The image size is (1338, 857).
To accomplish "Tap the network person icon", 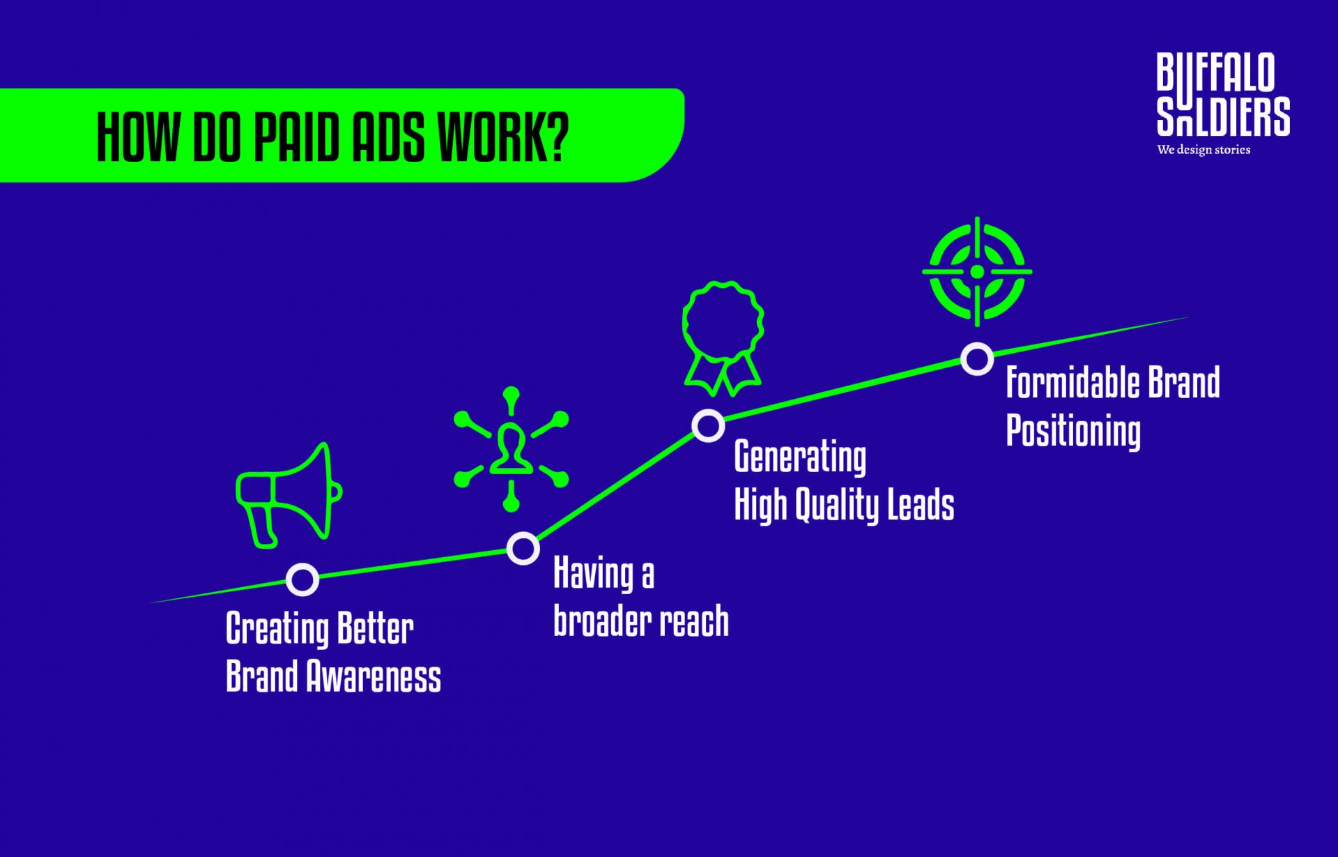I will pyautogui.click(x=511, y=449).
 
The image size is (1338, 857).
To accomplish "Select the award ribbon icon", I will pyautogui.click(x=723, y=338).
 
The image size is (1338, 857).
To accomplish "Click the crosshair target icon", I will pyautogui.click(x=977, y=271).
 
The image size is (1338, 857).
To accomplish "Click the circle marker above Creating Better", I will pyautogui.click(x=302, y=579).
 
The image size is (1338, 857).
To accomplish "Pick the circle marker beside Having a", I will pyautogui.click(x=523, y=548).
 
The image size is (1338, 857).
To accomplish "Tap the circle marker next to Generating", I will pyautogui.click(x=708, y=425).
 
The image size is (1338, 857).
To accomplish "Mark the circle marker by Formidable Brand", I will pyautogui.click(x=977, y=358).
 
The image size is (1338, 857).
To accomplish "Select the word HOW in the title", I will pyautogui.click(x=136, y=136).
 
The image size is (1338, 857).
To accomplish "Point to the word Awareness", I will pyautogui.click(x=374, y=676).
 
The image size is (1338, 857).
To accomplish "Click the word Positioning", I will pyautogui.click(x=1073, y=431).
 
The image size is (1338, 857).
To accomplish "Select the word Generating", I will pyautogui.click(x=800, y=458).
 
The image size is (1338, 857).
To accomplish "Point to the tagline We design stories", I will pyautogui.click(x=1204, y=150).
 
